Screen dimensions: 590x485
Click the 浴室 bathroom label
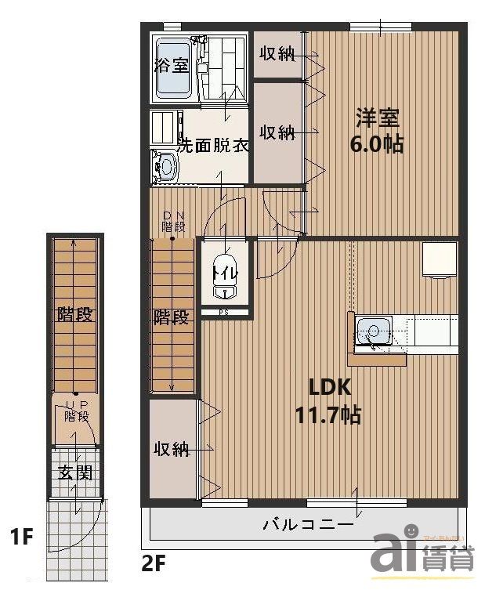(x=171, y=65)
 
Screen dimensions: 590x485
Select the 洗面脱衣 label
(x=212, y=146)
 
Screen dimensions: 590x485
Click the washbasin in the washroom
(x=166, y=166)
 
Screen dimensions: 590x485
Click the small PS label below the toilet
(x=223, y=313)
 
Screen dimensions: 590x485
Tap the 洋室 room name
(x=378, y=118)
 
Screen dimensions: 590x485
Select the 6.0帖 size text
(x=378, y=144)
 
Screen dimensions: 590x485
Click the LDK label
(x=328, y=388)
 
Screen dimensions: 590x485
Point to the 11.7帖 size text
(x=328, y=414)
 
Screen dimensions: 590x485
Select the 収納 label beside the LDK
(x=172, y=449)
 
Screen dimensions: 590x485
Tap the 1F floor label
(x=21, y=538)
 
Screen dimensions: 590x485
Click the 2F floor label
(x=154, y=562)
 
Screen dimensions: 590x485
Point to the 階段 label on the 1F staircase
(x=75, y=316)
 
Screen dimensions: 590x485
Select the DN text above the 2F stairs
(x=172, y=215)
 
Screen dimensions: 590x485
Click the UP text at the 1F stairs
(x=76, y=405)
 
